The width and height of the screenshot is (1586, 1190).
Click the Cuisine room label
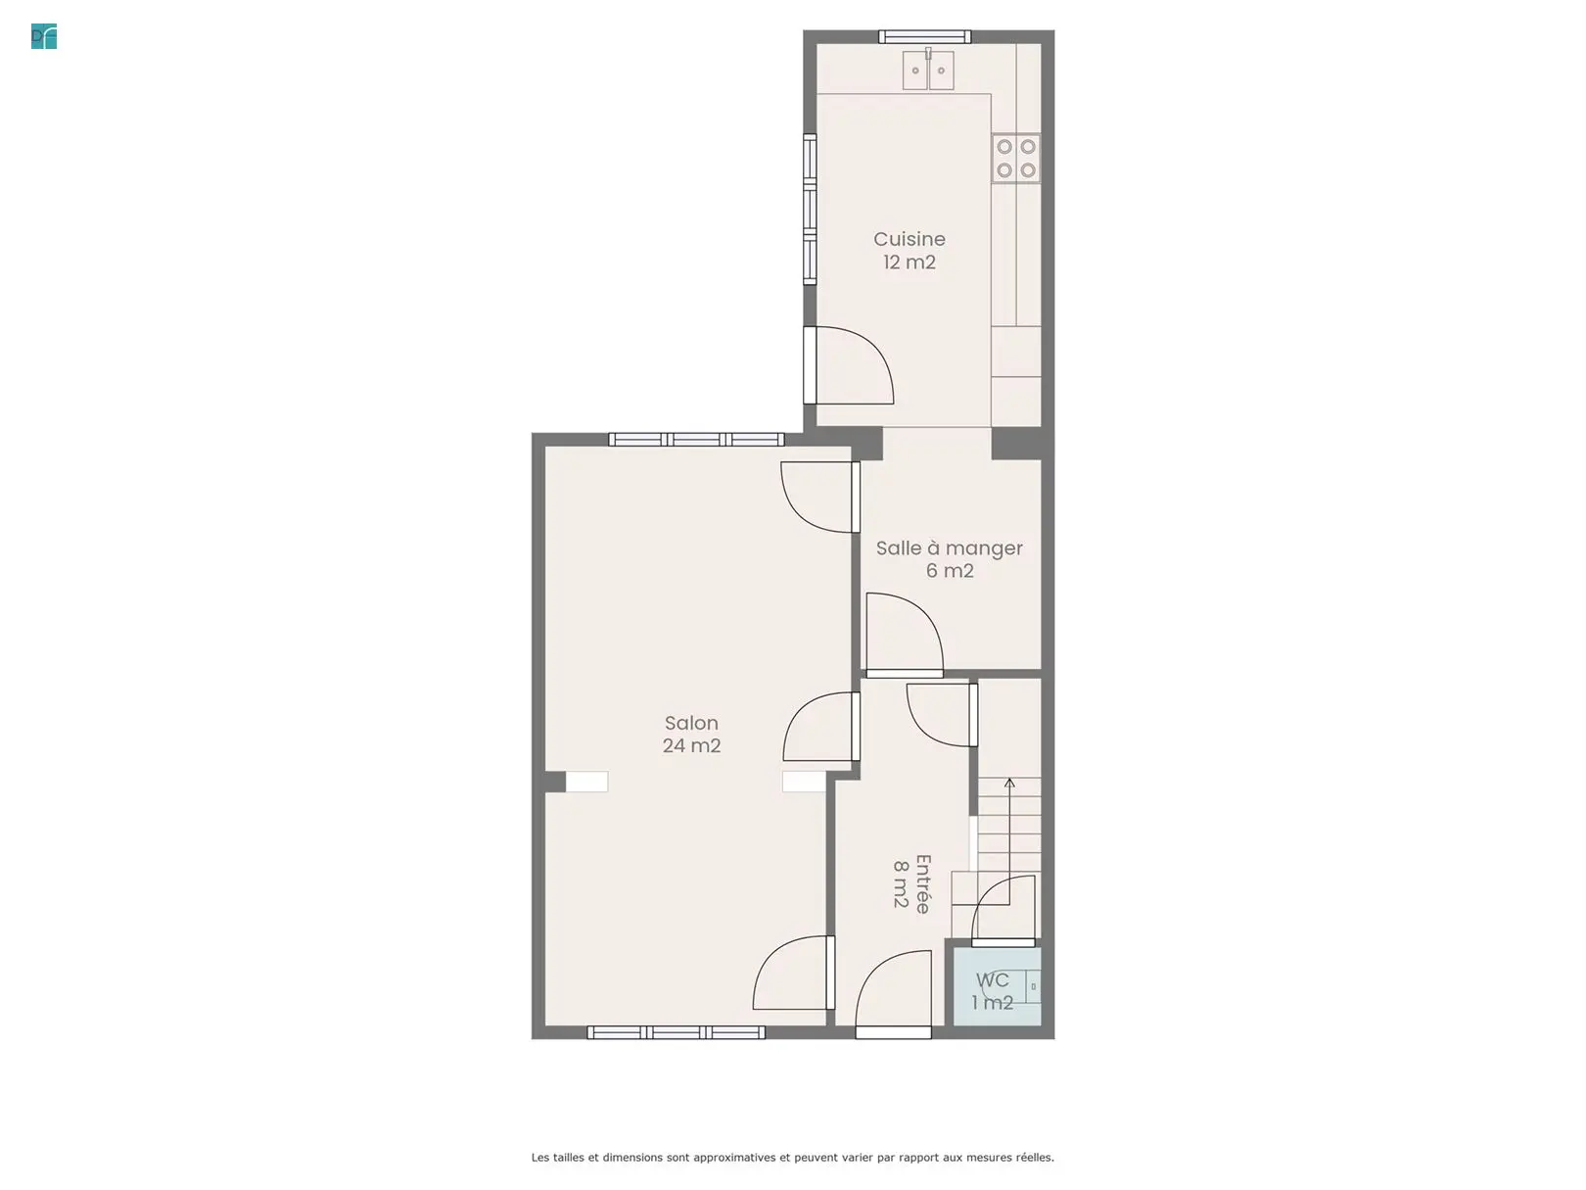[909, 239]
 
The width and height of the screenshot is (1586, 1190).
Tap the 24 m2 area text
[691, 745]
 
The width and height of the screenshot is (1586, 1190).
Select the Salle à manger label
[950, 548]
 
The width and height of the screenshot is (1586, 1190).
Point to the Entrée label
[922, 883]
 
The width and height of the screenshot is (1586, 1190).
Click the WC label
[992, 980]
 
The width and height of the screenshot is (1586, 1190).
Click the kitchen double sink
[928, 71]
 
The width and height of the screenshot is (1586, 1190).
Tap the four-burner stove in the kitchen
[1016, 159]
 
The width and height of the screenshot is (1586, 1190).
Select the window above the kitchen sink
[925, 37]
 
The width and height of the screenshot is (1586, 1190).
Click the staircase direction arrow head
[1009, 783]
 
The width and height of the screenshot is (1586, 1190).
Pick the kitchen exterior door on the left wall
[849, 365]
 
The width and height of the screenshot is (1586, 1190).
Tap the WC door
[1003, 911]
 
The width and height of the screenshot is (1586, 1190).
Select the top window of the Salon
[696, 440]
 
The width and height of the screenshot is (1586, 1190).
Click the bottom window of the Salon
[676, 1033]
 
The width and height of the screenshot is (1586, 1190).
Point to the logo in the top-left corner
[44, 37]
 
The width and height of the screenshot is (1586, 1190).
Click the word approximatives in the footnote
[734, 1158]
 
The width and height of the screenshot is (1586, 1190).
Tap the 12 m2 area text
[909, 262]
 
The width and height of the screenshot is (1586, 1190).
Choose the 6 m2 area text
[950, 571]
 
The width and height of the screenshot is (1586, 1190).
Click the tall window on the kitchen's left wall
[810, 210]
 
